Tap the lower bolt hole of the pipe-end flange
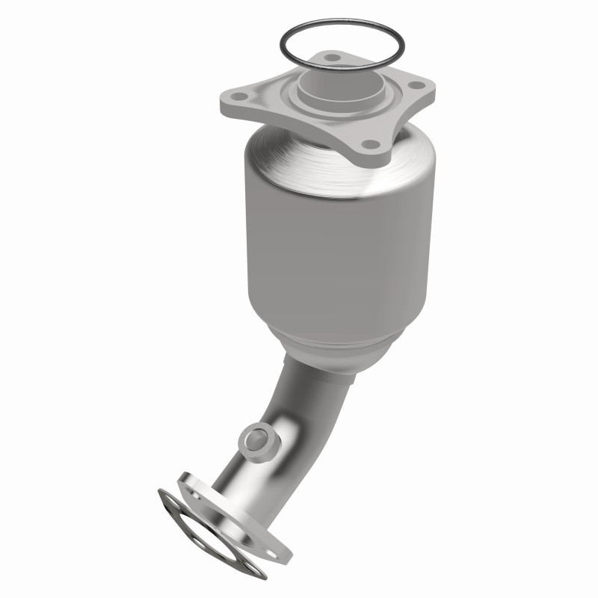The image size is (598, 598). [x=272, y=554]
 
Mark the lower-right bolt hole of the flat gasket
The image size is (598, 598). [x=252, y=567]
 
